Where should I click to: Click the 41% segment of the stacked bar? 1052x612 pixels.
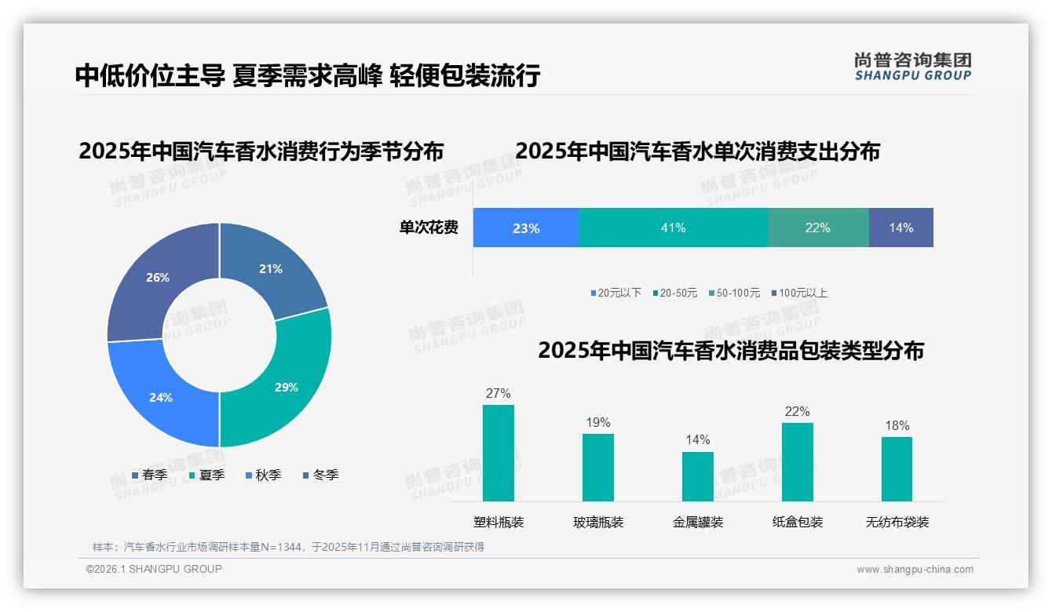point(673,228)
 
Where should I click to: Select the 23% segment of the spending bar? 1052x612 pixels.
point(526,228)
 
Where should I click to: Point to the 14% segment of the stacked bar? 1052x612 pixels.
point(900,228)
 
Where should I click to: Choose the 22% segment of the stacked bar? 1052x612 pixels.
point(817,228)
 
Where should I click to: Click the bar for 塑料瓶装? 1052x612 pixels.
point(499,453)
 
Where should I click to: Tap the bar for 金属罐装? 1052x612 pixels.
point(697,476)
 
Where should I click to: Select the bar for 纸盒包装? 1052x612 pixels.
point(797,462)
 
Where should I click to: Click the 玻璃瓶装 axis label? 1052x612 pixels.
point(598,522)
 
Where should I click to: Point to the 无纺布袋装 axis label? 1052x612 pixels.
point(897,522)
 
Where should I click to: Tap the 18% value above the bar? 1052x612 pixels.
point(897,425)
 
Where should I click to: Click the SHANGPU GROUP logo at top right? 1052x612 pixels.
point(912,67)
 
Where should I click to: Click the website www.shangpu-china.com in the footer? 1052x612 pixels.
point(915,569)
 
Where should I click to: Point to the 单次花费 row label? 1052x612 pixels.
point(429,228)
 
